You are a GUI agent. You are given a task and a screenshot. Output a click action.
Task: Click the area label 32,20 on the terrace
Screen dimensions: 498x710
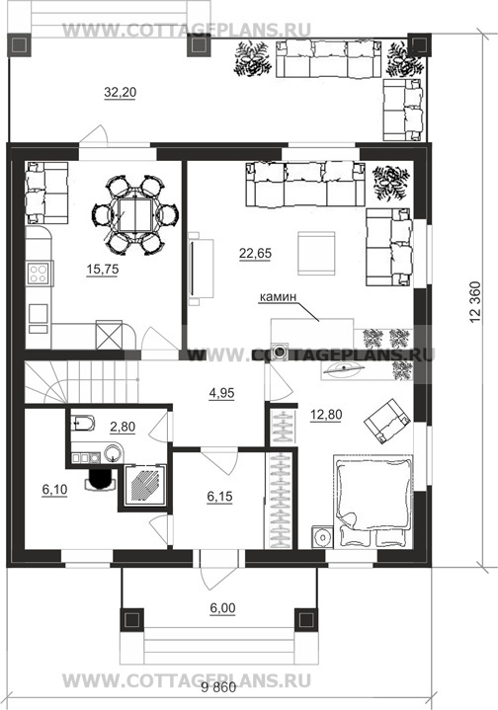point(121,93)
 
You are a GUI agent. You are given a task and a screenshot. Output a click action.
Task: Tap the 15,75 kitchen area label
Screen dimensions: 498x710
point(103,270)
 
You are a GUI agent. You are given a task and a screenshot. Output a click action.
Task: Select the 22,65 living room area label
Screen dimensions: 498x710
point(256,254)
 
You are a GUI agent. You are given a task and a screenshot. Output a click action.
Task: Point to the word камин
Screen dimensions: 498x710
point(278,297)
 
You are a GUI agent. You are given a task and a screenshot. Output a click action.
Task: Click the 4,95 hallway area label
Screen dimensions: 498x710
point(221,393)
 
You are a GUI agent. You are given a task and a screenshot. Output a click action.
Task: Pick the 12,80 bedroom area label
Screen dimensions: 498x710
point(326,415)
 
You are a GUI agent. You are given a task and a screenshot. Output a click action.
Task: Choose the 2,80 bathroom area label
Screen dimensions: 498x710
point(123,427)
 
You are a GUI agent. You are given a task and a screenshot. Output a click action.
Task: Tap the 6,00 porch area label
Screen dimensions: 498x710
point(222,608)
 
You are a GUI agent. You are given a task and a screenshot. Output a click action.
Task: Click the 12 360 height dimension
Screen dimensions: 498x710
point(475,302)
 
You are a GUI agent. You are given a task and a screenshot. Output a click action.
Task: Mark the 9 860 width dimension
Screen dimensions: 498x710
point(219,688)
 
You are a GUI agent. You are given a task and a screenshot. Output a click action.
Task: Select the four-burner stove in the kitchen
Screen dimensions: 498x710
point(38,274)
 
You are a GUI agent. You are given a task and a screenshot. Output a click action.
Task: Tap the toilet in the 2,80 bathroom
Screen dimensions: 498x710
point(83,424)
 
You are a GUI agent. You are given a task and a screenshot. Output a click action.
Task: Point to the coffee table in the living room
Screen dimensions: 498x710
point(316,253)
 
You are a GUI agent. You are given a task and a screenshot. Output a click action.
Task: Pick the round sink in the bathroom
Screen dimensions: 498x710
point(113,453)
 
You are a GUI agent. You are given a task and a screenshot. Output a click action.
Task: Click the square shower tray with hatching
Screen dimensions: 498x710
point(145,487)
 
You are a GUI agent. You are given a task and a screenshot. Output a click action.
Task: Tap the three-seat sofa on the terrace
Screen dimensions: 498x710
point(328,59)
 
